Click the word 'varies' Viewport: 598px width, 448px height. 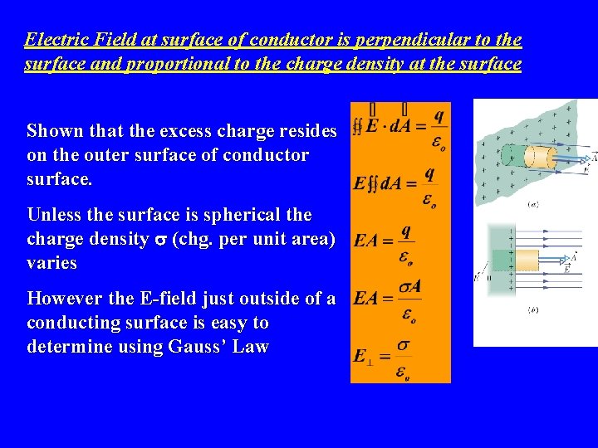point(51,264)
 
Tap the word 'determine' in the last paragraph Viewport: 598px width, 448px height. point(66,347)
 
